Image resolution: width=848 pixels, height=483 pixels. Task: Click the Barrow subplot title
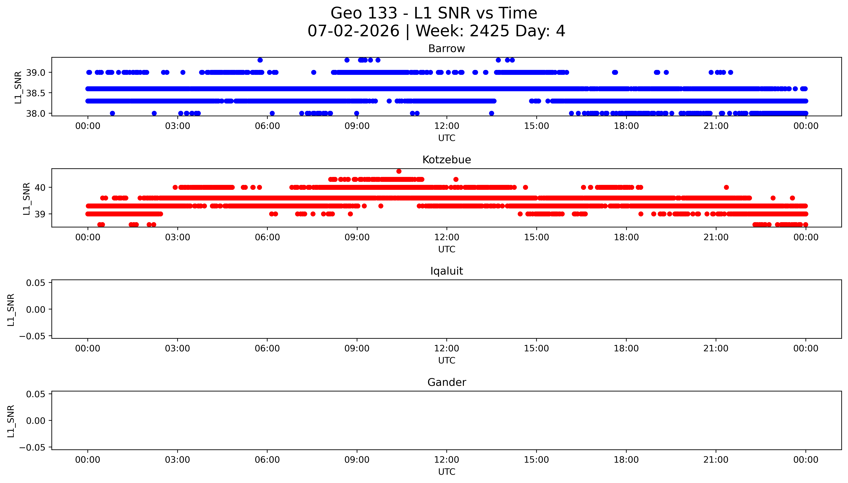[x=446, y=49]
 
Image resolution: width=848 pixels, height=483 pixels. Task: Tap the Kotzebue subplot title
[x=446, y=160]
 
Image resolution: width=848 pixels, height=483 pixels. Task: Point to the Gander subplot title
[x=446, y=383]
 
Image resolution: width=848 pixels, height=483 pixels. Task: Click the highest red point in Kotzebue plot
[x=399, y=171]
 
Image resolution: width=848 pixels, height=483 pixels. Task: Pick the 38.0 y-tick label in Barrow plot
[x=36, y=113]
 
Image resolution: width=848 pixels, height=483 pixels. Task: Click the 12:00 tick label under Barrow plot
[x=447, y=126]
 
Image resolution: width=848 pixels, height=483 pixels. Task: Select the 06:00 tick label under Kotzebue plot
[x=267, y=237]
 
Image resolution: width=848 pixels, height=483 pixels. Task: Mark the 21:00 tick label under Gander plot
[x=716, y=460]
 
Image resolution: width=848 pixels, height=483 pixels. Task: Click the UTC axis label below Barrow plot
[x=447, y=138]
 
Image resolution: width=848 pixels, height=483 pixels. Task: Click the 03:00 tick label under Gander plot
[x=177, y=460]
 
